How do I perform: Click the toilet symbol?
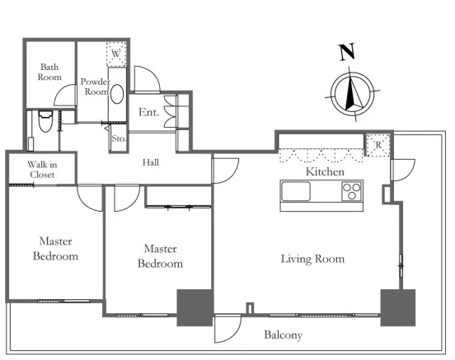pos(45,121)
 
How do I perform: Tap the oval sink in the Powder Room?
pos(117,94)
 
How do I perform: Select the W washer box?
pos(116,54)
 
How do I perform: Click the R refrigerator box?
pos(378,145)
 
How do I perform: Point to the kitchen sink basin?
pos(296,191)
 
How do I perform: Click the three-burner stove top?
pos(352,191)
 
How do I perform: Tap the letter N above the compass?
pos(347,52)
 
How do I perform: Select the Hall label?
pos(151,162)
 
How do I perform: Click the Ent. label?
pos(148,112)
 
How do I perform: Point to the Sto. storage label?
pos(119,138)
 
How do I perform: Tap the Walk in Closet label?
pos(42,170)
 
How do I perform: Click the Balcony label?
pos(283,335)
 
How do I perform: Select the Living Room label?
pos(312,259)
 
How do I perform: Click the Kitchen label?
pos(325,171)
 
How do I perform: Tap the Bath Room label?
pos(49,72)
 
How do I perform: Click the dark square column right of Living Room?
pos(398,307)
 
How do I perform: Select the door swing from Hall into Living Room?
pos(233,175)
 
